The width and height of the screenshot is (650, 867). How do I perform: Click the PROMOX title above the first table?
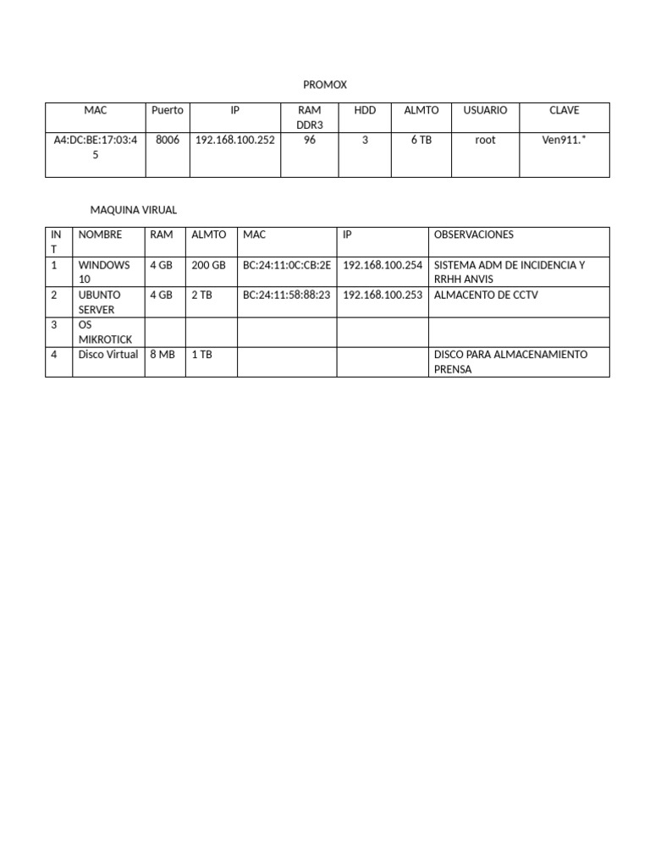(x=325, y=85)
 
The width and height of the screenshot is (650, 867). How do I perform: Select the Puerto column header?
(x=167, y=111)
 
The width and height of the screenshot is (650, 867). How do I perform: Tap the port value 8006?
(x=168, y=141)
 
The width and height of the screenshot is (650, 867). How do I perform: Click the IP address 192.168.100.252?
(x=234, y=141)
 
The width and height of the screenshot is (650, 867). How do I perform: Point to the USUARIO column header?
(x=485, y=111)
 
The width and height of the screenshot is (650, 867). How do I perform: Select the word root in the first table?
(x=485, y=141)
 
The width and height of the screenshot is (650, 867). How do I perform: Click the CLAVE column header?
(x=565, y=111)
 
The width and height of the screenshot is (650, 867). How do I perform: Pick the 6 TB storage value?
(x=421, y=141)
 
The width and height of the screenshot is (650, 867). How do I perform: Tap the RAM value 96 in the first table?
(x=310, y=141)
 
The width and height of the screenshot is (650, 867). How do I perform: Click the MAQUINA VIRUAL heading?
(x=134, y=210)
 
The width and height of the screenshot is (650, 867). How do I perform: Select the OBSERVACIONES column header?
(x=473, y=235)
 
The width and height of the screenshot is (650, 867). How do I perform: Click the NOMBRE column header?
(x=100, y=235)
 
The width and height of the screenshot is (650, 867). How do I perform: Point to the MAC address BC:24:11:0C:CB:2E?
(x=287, y=265)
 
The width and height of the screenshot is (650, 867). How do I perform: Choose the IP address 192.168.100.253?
(x=383, y=295)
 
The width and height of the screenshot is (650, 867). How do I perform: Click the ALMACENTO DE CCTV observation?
(x=485, y=295)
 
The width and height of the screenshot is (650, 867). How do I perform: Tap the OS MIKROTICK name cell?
(x=105, y=332)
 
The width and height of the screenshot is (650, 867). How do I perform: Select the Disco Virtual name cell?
(x=108, y=355)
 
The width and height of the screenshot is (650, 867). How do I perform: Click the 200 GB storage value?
(x=208, y=265)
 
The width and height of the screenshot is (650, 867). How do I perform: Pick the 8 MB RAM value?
(x=162, y=355)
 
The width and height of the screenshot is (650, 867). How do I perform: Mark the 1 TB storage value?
(x=201, y=355)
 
